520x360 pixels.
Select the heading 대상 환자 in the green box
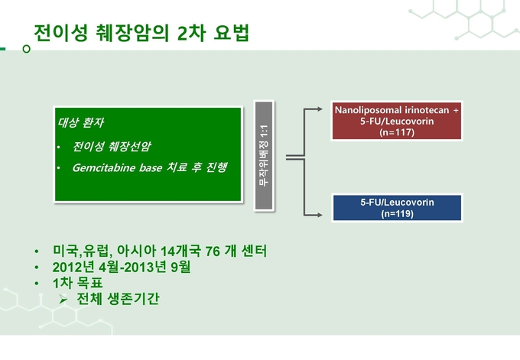click(x=80, y=122)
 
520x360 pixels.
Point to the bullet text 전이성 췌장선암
click(x=112, y=146)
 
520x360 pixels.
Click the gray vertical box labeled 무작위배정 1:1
click(x=264, y=155)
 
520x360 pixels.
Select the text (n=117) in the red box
click(x=397, y=132)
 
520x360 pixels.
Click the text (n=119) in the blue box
click(x=397, y=213)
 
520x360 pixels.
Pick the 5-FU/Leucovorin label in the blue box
click(x=397, y=203)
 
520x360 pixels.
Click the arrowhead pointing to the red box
click(x=319, y=109)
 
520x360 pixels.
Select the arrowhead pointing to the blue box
click(x=319, y=215)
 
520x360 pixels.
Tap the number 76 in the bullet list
click(x=213, y=251)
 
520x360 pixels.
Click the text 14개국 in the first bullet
click(x=180, y=251)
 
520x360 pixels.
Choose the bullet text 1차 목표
click(x=77, y=283)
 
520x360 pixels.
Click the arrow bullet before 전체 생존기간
click(x=63, y=300)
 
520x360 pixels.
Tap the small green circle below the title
click(x=26, y=49)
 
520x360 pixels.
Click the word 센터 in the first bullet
click(x=254, y=251)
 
